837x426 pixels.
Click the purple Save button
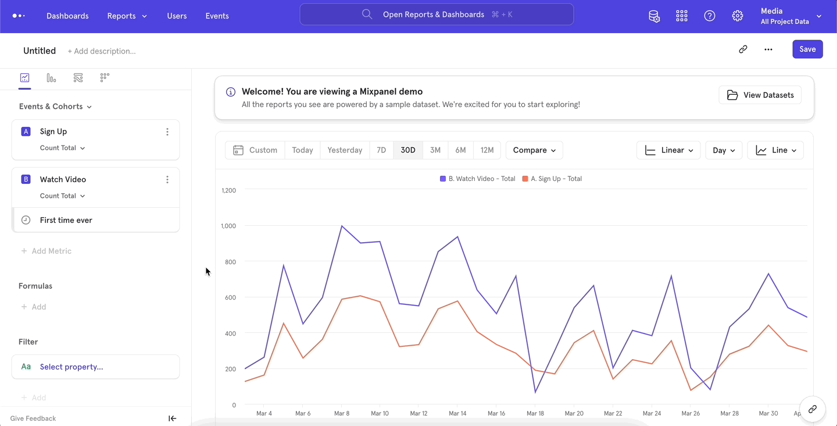[807, 49]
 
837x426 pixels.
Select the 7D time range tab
[381, 150]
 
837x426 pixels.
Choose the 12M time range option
[487, 150]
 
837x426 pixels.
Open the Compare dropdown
[534, 150]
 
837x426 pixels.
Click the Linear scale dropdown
[668, 150]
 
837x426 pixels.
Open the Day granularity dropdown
[724, 150]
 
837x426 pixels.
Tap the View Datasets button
[760, 95]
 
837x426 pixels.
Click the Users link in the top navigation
[177, 16]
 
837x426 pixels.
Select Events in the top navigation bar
[217, 16]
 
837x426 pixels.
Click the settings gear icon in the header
[738, 16]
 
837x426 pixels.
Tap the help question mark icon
[710, 16]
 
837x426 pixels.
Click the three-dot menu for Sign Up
[167, 132]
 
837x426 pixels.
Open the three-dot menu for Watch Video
[167, 180]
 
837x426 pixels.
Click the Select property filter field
[95, 367]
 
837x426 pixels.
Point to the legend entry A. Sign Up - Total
[552, 179]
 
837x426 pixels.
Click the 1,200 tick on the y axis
[228, 190]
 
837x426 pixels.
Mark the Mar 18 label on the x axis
[535, 413]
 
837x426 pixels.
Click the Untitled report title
[40, 51]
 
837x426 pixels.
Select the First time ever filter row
[95, 220]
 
